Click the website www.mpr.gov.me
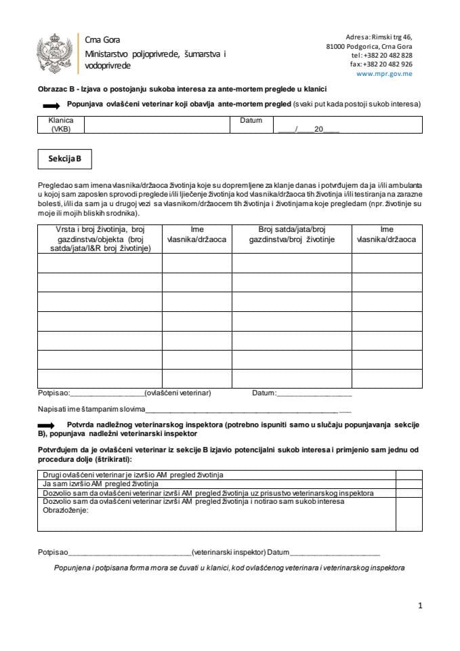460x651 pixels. pos(384,73)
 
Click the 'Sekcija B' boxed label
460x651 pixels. pos(64,159)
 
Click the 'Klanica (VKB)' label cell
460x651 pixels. pos(60,125)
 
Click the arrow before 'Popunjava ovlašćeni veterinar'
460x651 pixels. pos(51,106)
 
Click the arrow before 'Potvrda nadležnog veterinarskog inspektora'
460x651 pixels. pos(51,425)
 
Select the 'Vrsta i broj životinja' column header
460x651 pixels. pos(100,239)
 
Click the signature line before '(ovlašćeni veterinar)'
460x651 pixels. pos(107,394)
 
